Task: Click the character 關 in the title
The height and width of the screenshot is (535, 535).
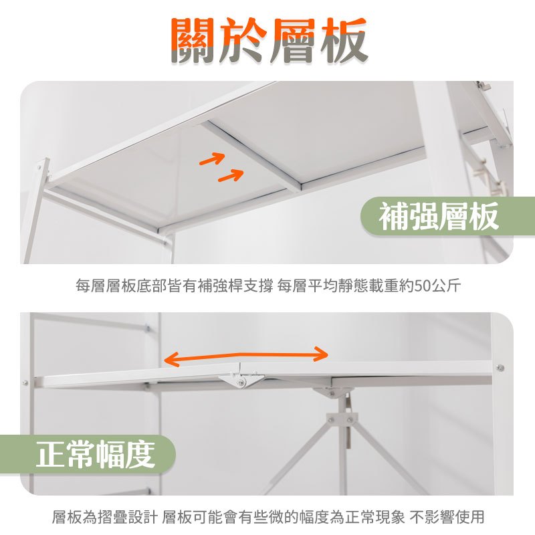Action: coord(194,41)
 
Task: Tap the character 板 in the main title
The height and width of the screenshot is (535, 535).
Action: coord(344,41)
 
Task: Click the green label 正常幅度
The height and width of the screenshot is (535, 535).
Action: coord(88,455)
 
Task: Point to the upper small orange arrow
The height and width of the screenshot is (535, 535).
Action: coord(212,158)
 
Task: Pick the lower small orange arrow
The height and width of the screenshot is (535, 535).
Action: coord(231,175)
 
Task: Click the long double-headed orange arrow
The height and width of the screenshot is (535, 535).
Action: coord(245,356)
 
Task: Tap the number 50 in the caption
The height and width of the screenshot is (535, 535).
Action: coord(423,286)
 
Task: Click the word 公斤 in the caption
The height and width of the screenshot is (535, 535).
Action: coord(446,286)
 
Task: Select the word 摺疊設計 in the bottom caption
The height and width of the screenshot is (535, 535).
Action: coord(128,516)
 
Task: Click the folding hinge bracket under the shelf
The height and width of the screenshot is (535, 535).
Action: coord(241,380)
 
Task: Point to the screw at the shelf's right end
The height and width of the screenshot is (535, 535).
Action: coord(500,368)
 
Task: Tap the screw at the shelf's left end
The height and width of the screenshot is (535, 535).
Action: coord(25,383)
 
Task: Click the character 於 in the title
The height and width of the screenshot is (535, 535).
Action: coord(243,41)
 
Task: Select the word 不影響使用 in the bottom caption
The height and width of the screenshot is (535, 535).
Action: coord(447,516)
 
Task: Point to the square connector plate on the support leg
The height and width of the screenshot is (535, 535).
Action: coord(342,420)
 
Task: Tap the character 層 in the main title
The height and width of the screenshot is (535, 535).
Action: coord(294,41)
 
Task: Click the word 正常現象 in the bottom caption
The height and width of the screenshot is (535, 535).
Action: coord(375,516)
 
